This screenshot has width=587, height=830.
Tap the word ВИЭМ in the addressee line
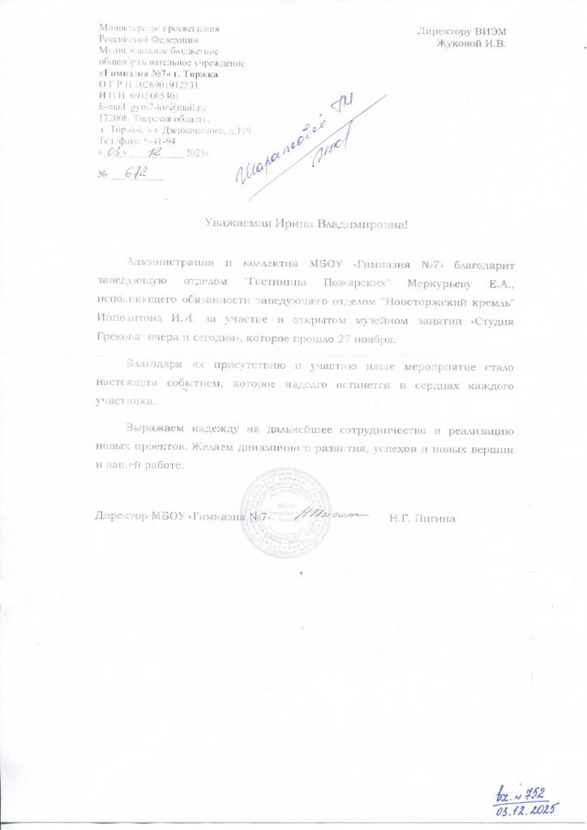coord(495,32)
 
